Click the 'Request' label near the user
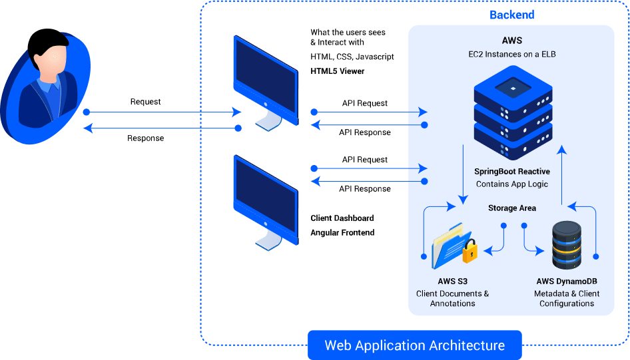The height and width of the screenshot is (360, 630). (x=145, y=102)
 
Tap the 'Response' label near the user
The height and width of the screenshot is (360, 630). (x=145, y=138)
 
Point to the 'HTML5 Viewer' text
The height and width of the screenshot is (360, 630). (x=337, y=71)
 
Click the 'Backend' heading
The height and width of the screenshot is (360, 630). (x=511, y=15)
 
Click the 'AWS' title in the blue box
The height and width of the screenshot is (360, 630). (x=512, y=40)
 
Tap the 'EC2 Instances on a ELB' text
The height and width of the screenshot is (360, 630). (x=512, y=54)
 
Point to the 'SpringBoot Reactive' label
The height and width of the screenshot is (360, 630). (x=512, y=172)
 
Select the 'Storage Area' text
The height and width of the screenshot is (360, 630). (x=512, y=208)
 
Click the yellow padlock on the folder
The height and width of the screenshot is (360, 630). (x=470, y=252)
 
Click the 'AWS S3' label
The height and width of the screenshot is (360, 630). (x=452, y=281)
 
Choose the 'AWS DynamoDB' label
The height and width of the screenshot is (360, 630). (x=567, y=281)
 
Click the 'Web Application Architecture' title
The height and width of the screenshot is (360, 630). (x=414, y=345)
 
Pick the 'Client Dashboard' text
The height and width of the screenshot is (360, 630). (x=342, y=218)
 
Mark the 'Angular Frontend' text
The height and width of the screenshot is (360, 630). (x=342, y=233)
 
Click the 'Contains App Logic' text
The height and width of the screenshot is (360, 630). (x=512, y=184)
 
